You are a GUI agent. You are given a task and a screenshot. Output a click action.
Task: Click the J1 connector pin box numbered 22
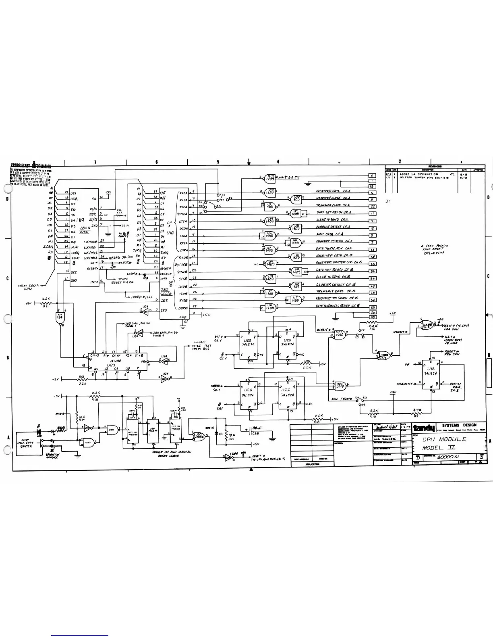[373, 206]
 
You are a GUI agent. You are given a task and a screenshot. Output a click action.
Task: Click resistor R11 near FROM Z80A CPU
[46, 303]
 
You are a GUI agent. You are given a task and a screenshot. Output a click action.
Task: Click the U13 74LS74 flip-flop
[431, 371]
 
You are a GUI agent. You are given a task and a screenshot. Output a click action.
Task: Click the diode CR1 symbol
[216, 434]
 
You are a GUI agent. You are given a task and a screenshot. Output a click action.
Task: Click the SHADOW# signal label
[406, 384]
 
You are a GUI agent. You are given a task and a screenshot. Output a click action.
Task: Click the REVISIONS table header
[435, 166]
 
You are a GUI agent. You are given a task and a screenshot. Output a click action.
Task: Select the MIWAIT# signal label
[323, 330]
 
